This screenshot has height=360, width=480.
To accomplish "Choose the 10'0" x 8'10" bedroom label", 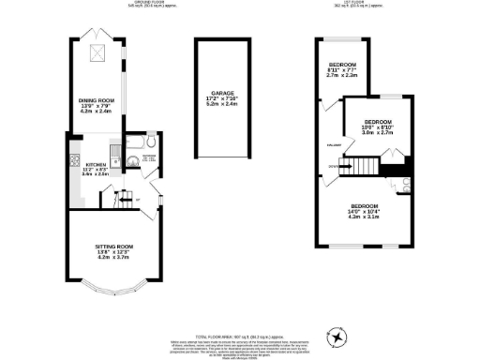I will tap(377, 127).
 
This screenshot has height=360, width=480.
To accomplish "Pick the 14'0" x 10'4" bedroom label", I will tap(365, 211).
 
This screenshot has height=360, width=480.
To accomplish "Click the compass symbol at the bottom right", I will tap(335, 335).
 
